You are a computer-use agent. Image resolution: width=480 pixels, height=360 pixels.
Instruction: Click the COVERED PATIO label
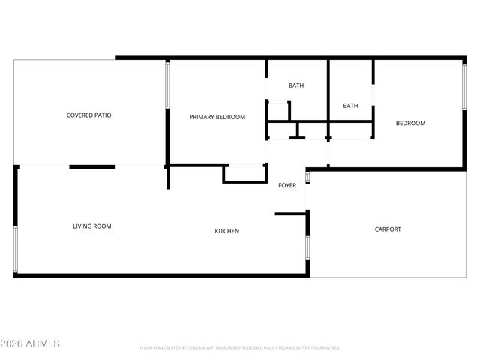coord(89,115)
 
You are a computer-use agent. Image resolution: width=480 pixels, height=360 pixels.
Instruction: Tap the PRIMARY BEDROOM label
coord(217,117)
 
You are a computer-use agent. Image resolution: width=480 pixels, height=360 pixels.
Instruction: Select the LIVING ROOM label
coord(92,226)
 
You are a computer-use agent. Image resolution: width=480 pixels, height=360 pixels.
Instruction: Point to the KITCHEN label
coord(227,231)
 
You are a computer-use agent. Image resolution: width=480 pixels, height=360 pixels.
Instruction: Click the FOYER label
coord(287,185)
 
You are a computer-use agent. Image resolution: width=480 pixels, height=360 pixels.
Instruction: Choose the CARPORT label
coord(388,229)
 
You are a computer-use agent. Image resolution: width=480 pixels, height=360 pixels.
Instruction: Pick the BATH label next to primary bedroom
coord(296,85)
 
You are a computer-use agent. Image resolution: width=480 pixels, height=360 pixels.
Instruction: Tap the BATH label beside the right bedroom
coord(350,106)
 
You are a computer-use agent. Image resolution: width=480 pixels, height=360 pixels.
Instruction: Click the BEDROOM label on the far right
coord(410,124)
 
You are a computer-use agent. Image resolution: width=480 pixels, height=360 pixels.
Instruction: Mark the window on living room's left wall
coord(15,247)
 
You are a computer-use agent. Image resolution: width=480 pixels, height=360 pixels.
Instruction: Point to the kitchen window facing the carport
coord(306,247)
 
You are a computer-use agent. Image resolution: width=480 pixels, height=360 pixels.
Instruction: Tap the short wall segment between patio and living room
coord(91,166)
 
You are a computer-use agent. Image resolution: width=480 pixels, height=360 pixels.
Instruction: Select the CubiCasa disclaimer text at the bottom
coord(239,348)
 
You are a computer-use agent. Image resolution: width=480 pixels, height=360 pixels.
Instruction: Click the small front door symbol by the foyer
coord(307,177)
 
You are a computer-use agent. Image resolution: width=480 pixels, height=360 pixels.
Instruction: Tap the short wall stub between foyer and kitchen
coord(290,214)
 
